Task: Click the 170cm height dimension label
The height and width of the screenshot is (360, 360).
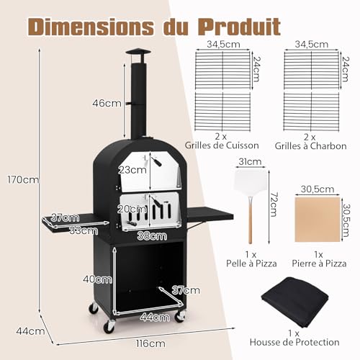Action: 19,180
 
